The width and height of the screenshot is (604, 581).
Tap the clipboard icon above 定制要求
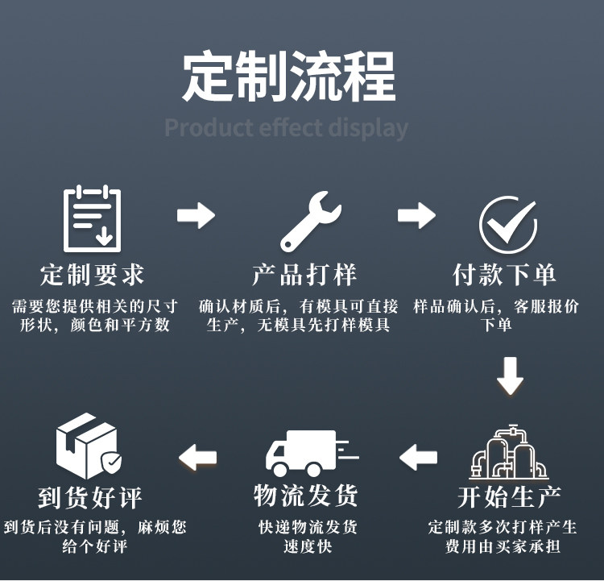[x=91, y=217]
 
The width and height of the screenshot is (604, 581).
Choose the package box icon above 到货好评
[x=88, y=446]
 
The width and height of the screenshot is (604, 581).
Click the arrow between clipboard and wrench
[x=196, y=215]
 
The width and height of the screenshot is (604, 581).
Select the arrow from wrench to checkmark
[x=416, y=215]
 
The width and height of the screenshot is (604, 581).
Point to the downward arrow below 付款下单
[x=510, y=375]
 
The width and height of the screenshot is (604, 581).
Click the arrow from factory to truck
[x=418, y=457]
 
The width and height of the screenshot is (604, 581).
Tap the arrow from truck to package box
[x=197, y=457]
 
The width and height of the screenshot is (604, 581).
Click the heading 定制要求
[x=93, y=275]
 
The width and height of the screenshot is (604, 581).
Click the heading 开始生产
[x=510, y=496]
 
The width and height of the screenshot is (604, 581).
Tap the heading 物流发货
[x=305, y=496]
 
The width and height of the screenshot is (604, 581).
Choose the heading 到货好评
[x=89, y=496]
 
